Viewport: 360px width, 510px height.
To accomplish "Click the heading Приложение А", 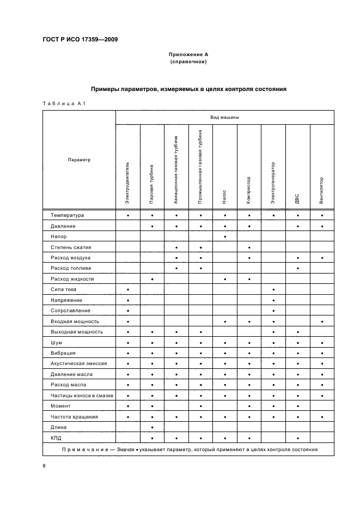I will point(188,54).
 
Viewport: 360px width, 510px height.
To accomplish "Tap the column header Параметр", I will point(79,160).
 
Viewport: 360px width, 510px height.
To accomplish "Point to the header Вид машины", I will point(225,117).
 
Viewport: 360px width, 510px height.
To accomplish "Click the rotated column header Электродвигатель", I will point(127,183).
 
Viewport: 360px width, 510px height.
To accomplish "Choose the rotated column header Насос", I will point(224,197).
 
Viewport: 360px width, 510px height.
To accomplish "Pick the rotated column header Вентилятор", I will point(322,191).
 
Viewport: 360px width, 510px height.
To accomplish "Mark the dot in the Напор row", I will point(224,236).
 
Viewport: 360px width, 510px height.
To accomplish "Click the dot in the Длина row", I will point(152,427).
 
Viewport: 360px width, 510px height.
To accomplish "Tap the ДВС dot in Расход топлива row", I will point(297,268).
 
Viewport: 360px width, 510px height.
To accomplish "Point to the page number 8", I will point(44,466).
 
